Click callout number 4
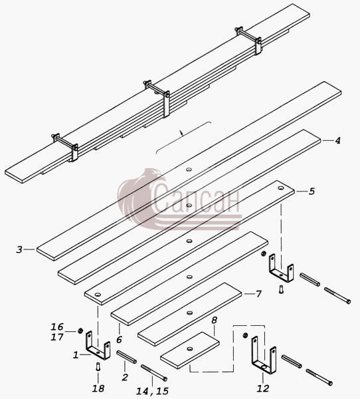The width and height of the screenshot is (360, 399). [x=337, y=141]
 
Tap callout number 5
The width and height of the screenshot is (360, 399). [x=312, y=192]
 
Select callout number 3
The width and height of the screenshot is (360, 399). [x=19, y=249]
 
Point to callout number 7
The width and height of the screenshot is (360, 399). [x=258, y=294]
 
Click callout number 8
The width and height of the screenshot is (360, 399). [x=214, y=320]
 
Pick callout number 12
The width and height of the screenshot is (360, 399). [x=263, y=388]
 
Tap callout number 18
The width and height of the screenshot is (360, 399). [x=98, y=388]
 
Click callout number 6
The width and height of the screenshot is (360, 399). [x=119, y=339]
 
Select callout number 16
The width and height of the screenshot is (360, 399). [x=57, y=327]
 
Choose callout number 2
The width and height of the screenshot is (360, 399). [x=125, y=377]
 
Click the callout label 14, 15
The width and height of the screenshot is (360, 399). [x=153, y=391]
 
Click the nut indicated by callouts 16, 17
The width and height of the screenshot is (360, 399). [x=80, y=331]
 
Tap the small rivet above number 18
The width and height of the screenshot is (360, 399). [x=98, y=366]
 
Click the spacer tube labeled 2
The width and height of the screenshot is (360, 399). [x=126, y=356]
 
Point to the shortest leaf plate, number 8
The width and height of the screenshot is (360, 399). [x=190, y=350]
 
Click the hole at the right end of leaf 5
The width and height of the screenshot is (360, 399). [x=281, y=188]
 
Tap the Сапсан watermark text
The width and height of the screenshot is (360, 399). [x=197, y=198]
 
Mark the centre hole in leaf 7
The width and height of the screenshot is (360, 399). [x=189, y=313]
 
